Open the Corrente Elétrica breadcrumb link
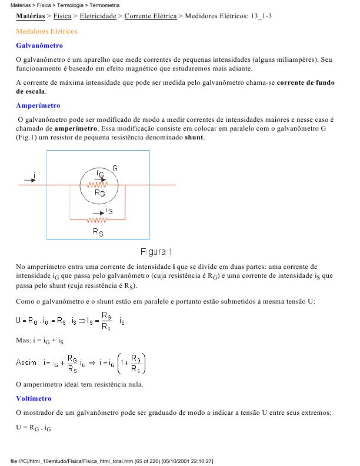pos(151,16)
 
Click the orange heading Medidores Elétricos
pos(46,31)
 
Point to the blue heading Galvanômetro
pos(39,45)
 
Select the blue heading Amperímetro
pos(38,105)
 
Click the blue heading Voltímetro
pos(34,398)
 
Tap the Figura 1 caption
pos(156,252)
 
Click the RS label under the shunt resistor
pos(98,232)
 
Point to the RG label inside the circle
pos(99,192)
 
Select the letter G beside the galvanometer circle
pos(115,168)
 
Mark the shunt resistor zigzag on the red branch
pos(98,220)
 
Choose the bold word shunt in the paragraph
pos(194,137)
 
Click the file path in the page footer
pos(112,461)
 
